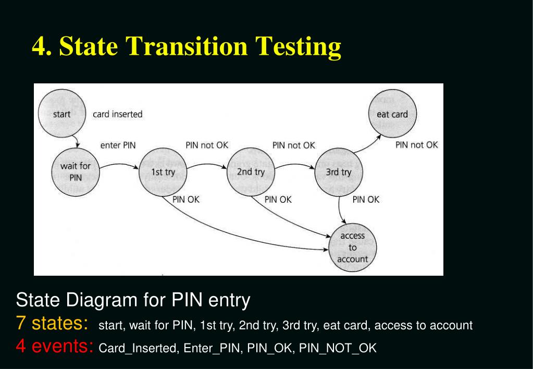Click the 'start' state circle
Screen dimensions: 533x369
coord(61,114)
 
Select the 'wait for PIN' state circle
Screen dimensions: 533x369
coord(76,171)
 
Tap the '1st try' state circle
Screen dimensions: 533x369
coord(163,171)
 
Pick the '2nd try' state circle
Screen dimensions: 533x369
coord(251,171)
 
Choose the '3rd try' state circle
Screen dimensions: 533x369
coord(339,171)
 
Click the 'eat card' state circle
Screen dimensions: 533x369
coord(392,114)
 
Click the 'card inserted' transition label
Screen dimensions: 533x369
coord(117,114)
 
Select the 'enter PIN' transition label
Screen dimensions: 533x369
coord(118,145)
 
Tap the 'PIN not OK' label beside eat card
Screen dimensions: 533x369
coord(417,145)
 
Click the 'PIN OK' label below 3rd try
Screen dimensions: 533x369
coord(366,199)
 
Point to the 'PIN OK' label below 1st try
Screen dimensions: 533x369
coord(186,199)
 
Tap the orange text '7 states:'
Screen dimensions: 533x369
coord(52,324)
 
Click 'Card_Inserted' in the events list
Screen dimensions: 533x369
coord(138,348)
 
